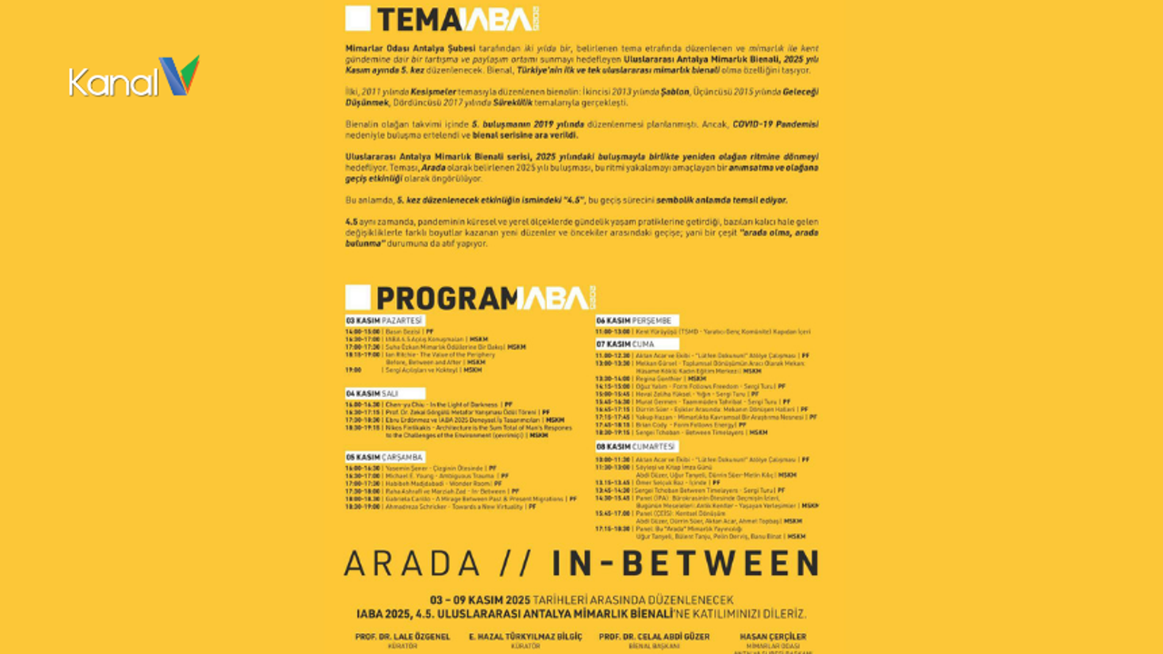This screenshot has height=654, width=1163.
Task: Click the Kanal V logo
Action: tap(134, 78)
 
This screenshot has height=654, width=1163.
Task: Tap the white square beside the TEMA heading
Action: tap(358, 19)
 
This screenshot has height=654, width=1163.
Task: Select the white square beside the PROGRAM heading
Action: tap(358, 297)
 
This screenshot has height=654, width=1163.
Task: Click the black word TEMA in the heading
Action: tap(418, 20)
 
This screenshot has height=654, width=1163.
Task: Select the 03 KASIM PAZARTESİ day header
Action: tap(384, 321)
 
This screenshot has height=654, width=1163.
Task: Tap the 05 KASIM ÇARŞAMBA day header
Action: tap(385, 457)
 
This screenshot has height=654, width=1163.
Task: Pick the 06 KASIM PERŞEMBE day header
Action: tap(633, 321)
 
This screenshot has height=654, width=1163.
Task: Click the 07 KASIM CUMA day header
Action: tap(625, 344)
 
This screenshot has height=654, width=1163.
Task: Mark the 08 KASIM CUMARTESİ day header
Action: tap(636, 447)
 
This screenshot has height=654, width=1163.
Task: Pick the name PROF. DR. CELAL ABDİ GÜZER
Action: tap(654, 637)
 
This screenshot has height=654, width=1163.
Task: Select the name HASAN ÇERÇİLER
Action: tap(773, 637)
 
